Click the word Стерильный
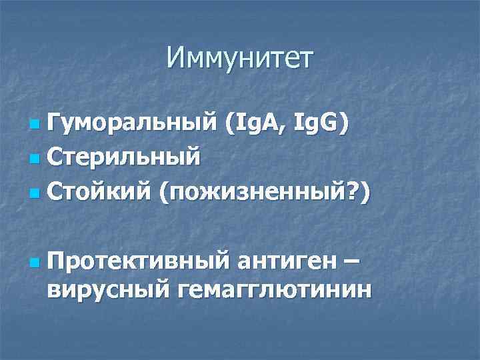(124, 159)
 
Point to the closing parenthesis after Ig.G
(343, 124)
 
